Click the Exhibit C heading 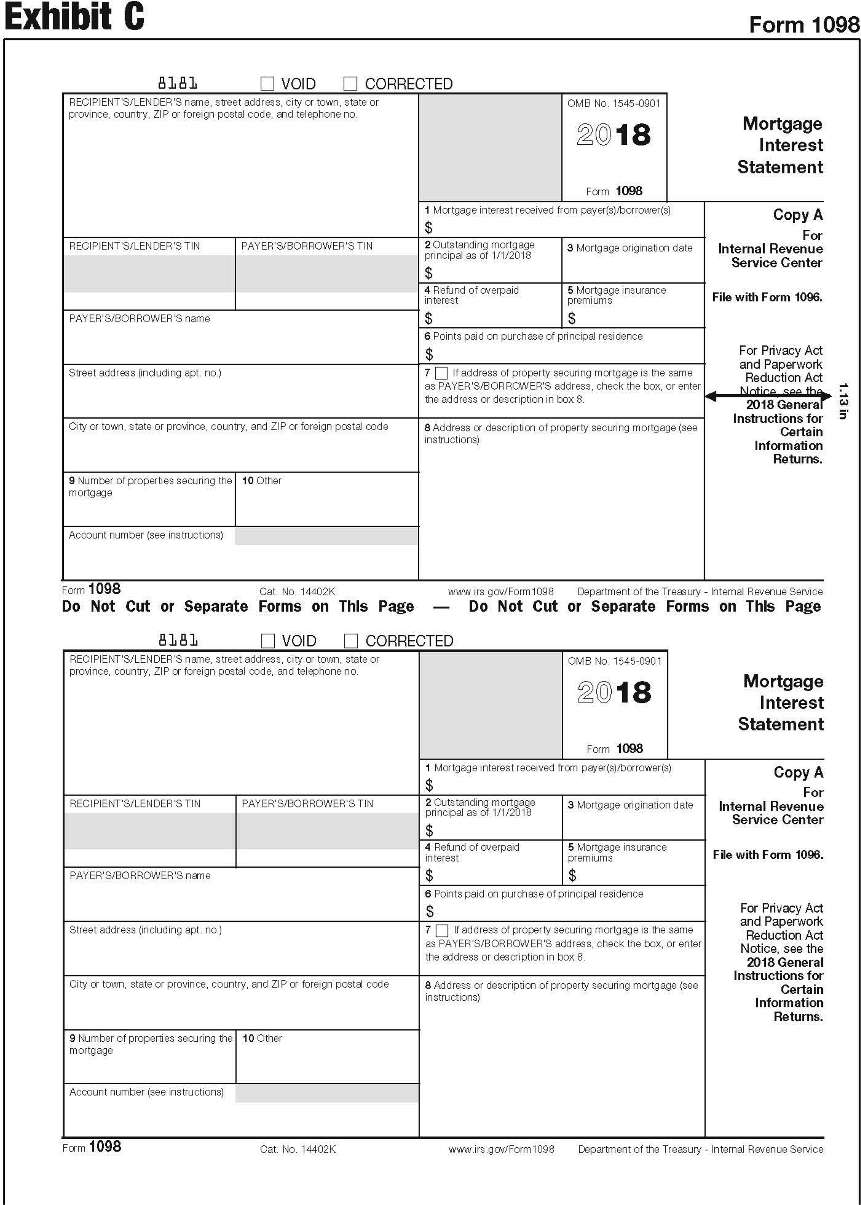74,17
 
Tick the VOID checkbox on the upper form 267,84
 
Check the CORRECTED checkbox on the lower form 351,641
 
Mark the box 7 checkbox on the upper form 441,373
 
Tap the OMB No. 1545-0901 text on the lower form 614,661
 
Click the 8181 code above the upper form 178,83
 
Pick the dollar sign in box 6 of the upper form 429,354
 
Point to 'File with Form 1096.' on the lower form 768,854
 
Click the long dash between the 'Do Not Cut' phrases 441,607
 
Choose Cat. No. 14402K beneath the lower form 298,1149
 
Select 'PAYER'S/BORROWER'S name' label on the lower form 140,875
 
